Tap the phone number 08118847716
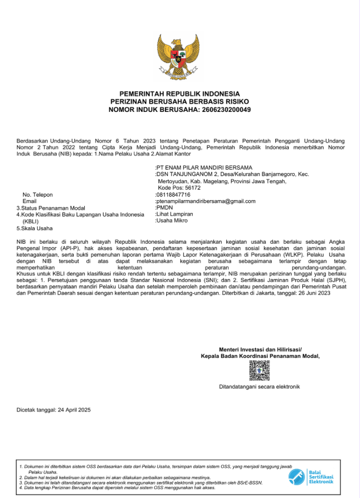tap(174, 194)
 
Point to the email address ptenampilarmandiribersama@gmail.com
tap(206, 201)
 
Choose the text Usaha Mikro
tap(171, 221)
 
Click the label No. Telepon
tap(38, 194)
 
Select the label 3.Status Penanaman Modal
tap(51, 208)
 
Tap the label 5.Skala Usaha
tap(34, 228)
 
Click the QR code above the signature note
tap(259, 371)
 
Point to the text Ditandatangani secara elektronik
tap(259, 387)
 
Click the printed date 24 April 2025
tap(74, 410)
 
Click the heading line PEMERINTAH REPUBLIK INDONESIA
tap(180, 94)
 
